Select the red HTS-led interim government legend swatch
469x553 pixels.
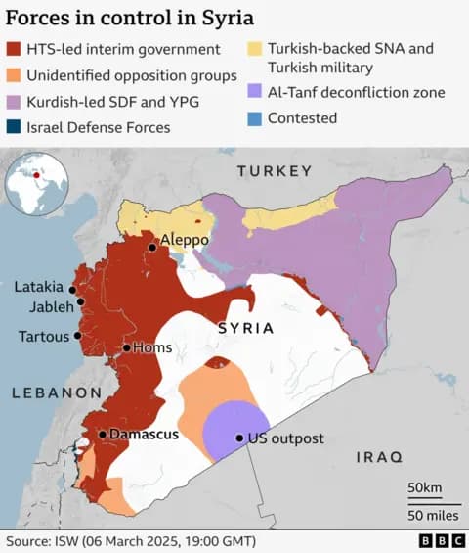(15, 50)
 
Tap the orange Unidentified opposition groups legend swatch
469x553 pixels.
(15, 75)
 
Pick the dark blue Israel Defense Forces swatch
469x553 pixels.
(15, 127)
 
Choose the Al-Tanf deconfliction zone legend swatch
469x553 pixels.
(254, 93)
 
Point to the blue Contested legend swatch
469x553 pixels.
(254, 118)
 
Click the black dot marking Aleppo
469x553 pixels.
(152, 248)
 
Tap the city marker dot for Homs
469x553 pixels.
(126, 347)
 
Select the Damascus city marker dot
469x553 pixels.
(102, 434)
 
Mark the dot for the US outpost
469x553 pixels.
(239, 438)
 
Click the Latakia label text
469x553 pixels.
(38, 288)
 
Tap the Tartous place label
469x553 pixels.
(44, 336)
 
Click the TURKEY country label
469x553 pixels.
(274, 171)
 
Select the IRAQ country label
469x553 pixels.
(379, 457)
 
